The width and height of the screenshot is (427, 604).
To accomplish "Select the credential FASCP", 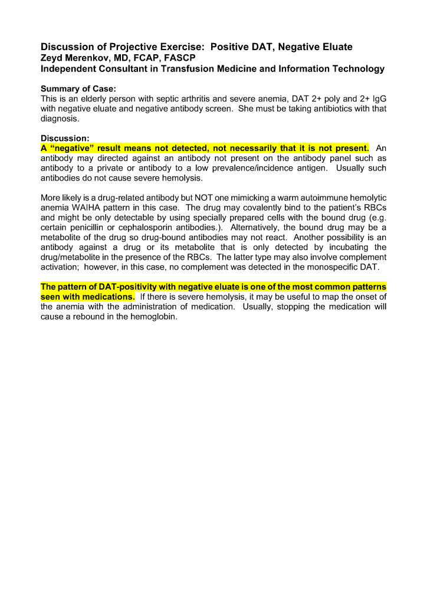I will pyautogui.click(x=178, y=58).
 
